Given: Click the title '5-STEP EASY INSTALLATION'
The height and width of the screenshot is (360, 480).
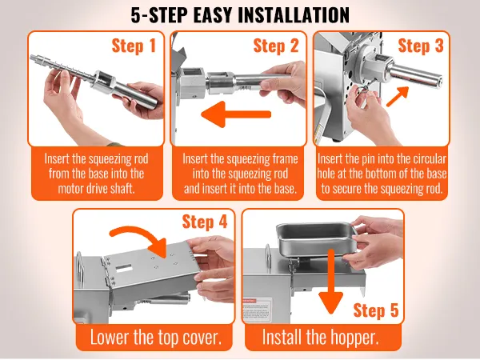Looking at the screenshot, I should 240,15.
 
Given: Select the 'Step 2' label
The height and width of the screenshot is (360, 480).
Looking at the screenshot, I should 275,46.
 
